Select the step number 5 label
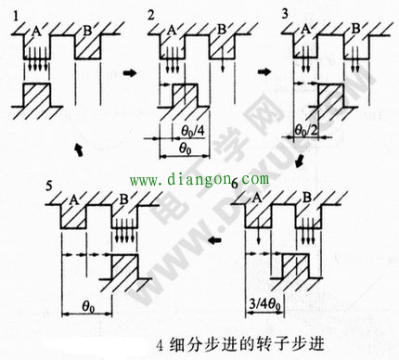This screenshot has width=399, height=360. (x=47, y=188)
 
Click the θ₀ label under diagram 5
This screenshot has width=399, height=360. (x=90, y=302)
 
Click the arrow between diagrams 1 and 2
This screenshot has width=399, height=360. (x=129, y=71)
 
